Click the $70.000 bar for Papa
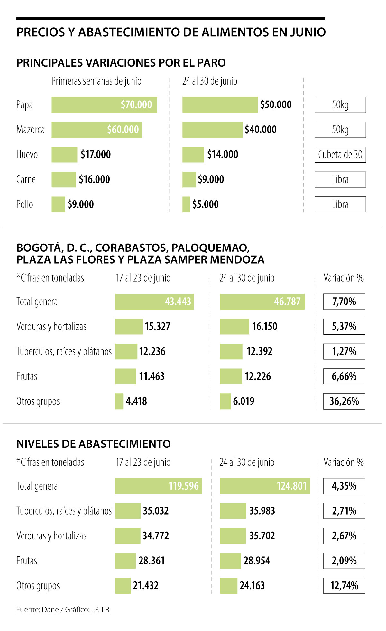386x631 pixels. click(104, 105)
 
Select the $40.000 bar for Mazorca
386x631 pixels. click(212, 130)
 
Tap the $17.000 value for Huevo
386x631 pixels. click(96, 155)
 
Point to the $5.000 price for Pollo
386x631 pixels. click(205, 204)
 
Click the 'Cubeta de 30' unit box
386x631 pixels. click(340, 155)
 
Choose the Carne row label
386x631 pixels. click(26, 179)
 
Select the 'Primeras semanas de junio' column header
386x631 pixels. click(96, 81)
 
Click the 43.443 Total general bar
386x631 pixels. click(154, 302)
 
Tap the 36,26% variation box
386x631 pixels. click(344, 401)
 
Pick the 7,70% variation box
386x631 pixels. click(344, 302)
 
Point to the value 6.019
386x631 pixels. click(244, 401)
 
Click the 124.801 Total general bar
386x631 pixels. click(265, 486)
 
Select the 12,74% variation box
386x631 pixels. click(344, 585)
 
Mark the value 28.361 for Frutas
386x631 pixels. click(152, 561)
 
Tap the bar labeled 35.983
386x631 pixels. click(233, 511)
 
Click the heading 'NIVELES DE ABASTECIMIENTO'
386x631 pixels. click(94, 444)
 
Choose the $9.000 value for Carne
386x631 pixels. click(211, 179)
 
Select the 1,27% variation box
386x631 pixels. click(344, 351)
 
